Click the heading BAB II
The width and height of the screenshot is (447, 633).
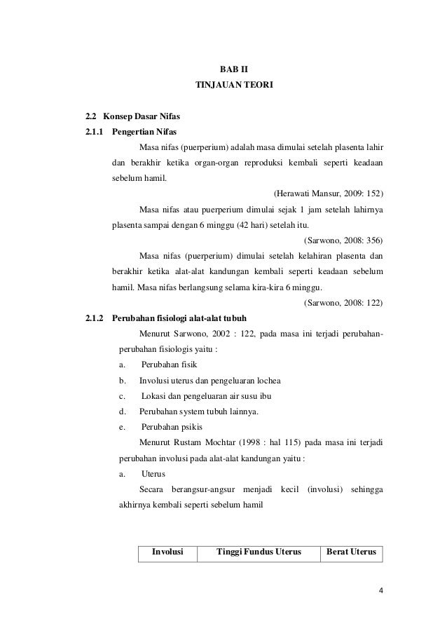tap(234, 69)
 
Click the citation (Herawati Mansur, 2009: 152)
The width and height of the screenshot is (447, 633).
tap(326, 193)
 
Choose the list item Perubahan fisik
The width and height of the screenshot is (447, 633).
tap(169, 365)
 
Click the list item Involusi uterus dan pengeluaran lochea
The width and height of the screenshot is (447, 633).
tap(210, 380)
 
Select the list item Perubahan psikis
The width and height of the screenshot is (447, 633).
tap(170, 426)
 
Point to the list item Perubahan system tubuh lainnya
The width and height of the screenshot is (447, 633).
tap(198, 411)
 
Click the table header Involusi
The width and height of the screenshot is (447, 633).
tap(168, 552)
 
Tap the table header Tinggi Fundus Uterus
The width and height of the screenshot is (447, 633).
tap(259, 552)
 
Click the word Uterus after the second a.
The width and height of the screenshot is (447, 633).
tap(153, 473)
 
